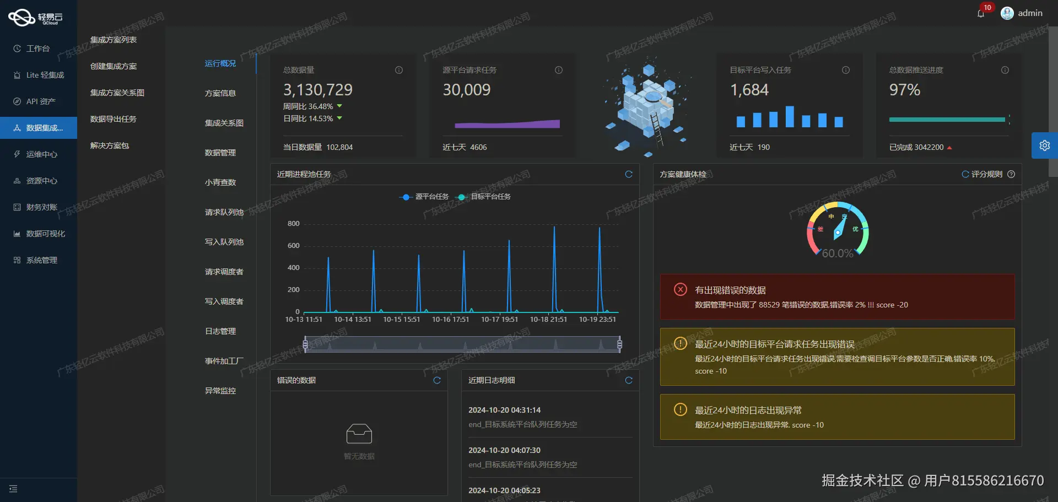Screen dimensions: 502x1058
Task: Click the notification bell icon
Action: click(x=981, y=14)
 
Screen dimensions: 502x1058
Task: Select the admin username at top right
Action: click(x=1030, y=13)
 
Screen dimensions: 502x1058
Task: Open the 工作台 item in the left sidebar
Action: click(x=37, y=48)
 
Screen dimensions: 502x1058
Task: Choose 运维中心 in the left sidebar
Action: click(x=41, y=154)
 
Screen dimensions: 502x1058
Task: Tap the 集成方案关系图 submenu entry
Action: click(x=117, y=93)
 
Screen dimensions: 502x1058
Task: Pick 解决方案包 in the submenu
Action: click(x=110, y=145)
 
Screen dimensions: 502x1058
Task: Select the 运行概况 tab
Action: click(x=220, y=63)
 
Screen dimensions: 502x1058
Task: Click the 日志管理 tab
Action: click(x=220, y=331)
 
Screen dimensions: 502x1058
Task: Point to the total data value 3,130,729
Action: click(x=317, y=90)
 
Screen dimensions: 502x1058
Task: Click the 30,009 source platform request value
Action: click(x=466, y=90)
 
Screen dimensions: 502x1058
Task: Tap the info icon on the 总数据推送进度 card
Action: click(x=1005, y=70)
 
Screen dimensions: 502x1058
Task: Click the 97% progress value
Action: click(x=904, y=90)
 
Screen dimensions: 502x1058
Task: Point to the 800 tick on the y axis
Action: click(x=294, y=224)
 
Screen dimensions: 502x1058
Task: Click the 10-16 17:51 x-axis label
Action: click(x=450, y=320)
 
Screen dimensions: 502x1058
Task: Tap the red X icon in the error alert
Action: click(x=681, y=289)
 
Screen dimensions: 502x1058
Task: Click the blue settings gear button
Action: click(x=1044, y=145)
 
